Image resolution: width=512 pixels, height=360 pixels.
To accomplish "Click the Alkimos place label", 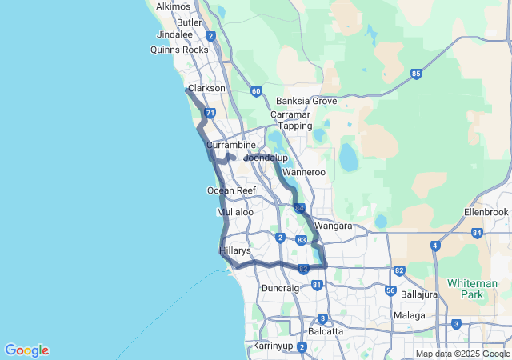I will pyautogui.click(x=173, y=6).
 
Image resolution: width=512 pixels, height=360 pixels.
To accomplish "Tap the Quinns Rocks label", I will pyautogui.click(x=179, y=50).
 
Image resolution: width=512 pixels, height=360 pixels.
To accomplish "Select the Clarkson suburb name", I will pyautogui.click(x=206, y=88).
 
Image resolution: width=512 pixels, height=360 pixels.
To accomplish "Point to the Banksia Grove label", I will pyautogui.click(x=306, y=102).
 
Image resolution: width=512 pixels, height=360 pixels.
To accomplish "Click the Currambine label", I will pyautogui.click(x=230, y=146).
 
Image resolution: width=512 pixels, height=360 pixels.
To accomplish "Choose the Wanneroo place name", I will pyautogui.click(x=304, y=172).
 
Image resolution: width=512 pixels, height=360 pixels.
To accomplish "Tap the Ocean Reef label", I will pyautogui.click(x=231, y=190).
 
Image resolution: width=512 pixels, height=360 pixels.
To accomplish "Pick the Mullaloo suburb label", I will pyautogui.click(x=235, y=213).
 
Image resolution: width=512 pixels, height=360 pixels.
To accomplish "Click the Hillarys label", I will pyautogui.click(x=235, y=250).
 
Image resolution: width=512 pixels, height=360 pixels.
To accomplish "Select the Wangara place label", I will pyautogui.click(x=334, y=226).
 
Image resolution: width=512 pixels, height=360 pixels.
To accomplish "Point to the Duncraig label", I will pyautogui.click(x=280, y=287).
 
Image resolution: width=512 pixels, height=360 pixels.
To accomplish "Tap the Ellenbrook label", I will pyautogui.click(x=486, y=212).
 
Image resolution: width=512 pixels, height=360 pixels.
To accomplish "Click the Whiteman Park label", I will pyautogui.click(x=485, y=289).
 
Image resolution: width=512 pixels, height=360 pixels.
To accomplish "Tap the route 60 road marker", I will pyautogui.click(x=255, y=91).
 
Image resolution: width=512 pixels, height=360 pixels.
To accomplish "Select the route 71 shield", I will pyautogui.click(x=210, y=114).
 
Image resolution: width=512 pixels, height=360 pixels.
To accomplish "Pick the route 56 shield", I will pyautogui.click(x=390, y=291).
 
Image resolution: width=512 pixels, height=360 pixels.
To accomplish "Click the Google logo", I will pyautogui.click(x=26, y=350).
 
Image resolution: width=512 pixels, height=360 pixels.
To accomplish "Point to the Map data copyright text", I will pyautogui.click(x=463, y=354).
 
